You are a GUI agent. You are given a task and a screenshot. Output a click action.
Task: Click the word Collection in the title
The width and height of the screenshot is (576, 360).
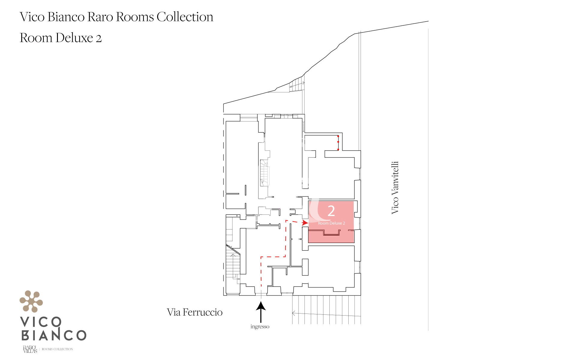pyautogui.click(x=185, y=17)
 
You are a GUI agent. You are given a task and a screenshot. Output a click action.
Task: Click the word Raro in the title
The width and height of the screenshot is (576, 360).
pyautogui.click(x=100, y=17)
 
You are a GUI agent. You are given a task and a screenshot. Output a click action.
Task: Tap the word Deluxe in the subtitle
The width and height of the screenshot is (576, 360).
pyautogui.click(x=74, y=38)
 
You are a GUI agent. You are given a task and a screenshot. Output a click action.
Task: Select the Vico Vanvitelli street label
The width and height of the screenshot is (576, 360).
pyautogui.click(x=395, y=187)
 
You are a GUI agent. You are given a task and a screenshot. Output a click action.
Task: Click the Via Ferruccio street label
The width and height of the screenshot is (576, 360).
pyautogui.click(x=195, y=312)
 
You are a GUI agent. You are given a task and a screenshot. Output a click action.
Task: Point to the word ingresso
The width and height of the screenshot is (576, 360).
pyautogui.click(x=260, y=326)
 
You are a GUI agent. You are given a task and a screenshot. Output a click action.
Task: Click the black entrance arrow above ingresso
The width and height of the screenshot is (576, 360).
pyautogui.click(x=261, y=312)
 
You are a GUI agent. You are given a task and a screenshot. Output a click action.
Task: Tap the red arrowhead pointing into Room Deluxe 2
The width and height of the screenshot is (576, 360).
pyautogui.click(x=305, y=223)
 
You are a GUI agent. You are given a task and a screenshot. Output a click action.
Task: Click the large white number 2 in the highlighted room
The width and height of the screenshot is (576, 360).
pyautogui.click(x=331, y=211)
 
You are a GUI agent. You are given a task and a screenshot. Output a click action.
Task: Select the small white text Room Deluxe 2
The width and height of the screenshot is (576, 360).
pyautogui.click(x=331, y=223)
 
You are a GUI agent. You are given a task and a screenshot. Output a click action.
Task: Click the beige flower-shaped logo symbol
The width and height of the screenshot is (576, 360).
pyautogui.click(x=31, y=301)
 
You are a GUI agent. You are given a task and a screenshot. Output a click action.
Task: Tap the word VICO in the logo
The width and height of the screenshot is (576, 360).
pyautogui.click(x=41, y=322)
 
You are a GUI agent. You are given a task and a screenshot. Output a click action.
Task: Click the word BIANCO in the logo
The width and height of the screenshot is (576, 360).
pyautogui.click(x=54, y=335)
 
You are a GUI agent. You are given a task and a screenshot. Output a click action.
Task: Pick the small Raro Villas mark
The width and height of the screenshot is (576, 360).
pyautogui.click(x=30, y=349)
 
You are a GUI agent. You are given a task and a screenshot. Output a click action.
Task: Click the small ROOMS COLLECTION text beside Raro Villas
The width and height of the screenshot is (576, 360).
pyautogui.click(x=57, y=349)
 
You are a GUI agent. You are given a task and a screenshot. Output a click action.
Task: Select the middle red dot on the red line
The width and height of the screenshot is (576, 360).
pyautogui.click(x=338, y=142)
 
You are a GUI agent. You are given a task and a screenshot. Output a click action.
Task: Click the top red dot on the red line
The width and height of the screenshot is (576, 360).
pyautogui.click(x=338, y=136)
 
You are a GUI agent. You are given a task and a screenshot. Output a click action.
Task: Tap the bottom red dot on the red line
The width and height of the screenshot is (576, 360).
pyautogui.click(x=338, y=149)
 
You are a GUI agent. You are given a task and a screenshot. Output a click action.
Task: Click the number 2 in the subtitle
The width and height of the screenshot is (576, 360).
pyautogui.click(x=99, y=38)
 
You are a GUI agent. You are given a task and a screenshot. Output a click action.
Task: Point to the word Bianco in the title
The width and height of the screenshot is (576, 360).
pyautogui.click(x=66, y=17)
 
